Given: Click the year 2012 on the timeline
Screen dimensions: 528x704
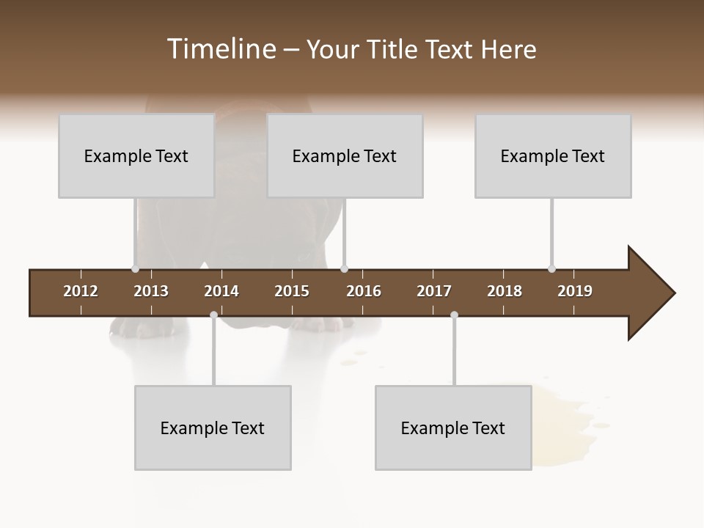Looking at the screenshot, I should click(81, 291).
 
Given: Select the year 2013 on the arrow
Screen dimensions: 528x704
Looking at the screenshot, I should click(151, 291).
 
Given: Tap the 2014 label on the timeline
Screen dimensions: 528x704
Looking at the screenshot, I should click(221, 291).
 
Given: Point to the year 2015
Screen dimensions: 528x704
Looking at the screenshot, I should click(292, 291).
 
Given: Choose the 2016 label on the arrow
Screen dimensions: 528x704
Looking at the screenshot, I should click(364, 291).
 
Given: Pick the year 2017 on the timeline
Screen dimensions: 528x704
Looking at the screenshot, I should click(434, 291).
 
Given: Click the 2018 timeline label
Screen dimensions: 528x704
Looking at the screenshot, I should click(505, 291).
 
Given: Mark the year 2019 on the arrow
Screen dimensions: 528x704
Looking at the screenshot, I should click(575, 291).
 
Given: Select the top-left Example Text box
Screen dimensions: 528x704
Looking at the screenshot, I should click(136, 156).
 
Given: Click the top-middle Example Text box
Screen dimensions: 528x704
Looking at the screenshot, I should click(345, 156).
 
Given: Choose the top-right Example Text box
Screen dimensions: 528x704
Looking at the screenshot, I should click(553, 156).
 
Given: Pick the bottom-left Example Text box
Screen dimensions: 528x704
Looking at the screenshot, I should click(213, 428).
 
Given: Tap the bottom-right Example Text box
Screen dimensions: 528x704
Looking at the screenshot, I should click(453, 428).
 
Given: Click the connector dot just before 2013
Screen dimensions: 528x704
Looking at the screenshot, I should click(135, 269).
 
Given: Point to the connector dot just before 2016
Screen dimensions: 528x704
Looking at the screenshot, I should click(344, 269).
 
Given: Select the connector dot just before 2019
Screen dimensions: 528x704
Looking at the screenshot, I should click(551, 269).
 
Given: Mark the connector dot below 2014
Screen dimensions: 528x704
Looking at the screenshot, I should click(213, 315).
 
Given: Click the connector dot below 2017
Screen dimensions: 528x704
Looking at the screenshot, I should click(454, 315).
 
